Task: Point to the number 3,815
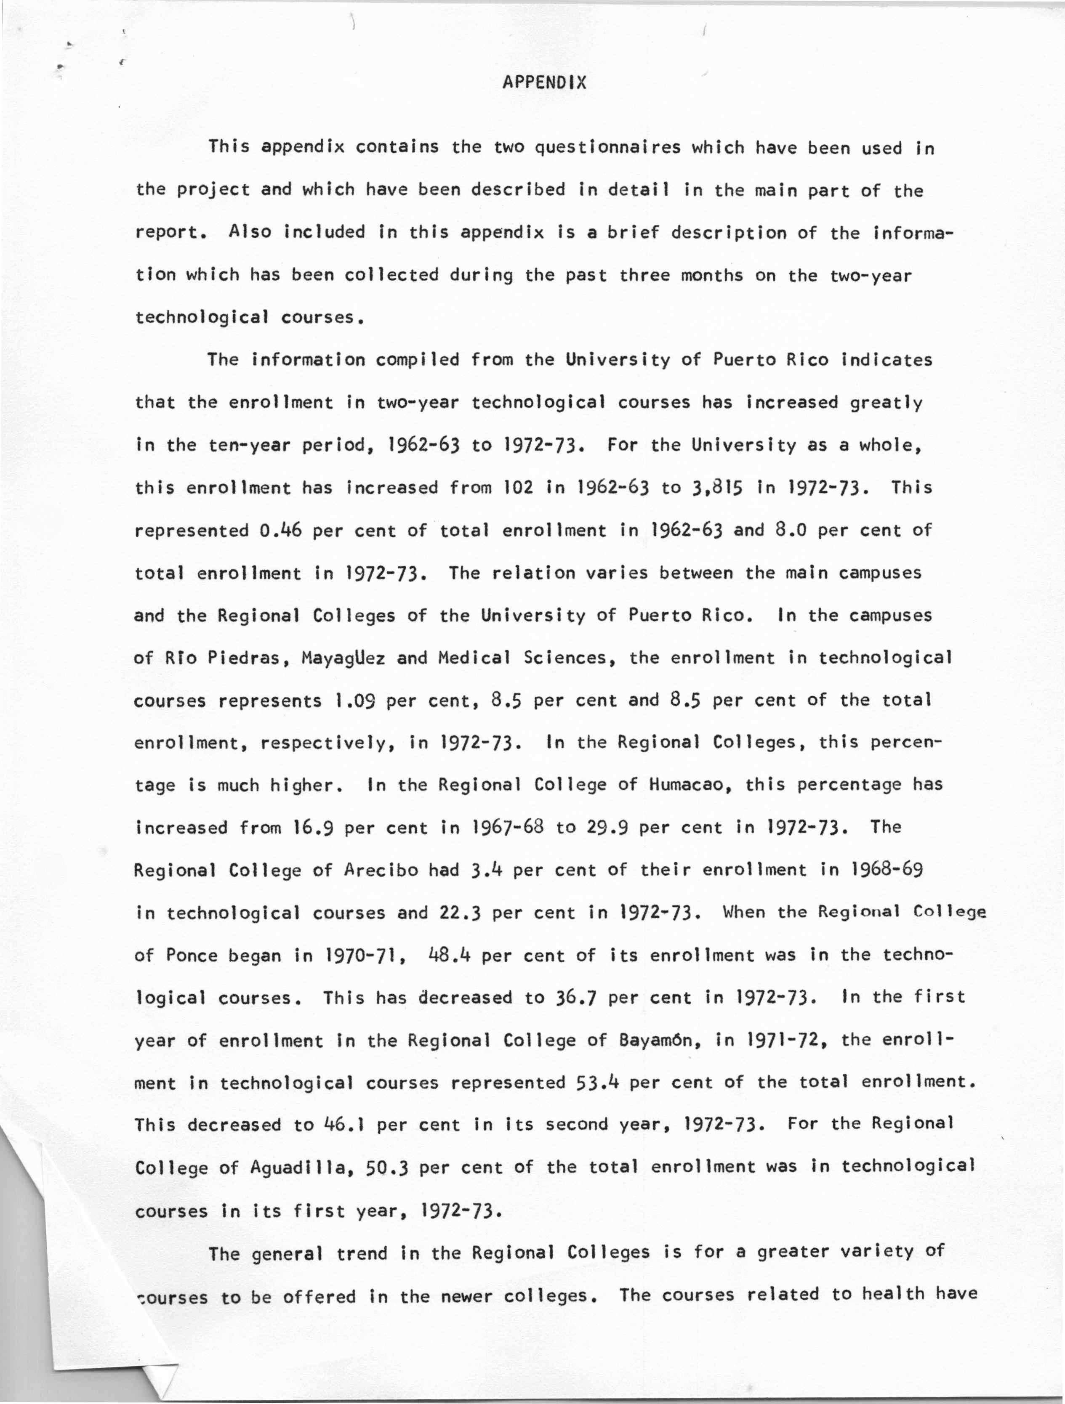point(711,488)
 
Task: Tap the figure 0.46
point(280,531)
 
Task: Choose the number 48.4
point(449,955)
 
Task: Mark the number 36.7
point(576,998)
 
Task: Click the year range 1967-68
point(508,828)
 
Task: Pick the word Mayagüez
point(343,658)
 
